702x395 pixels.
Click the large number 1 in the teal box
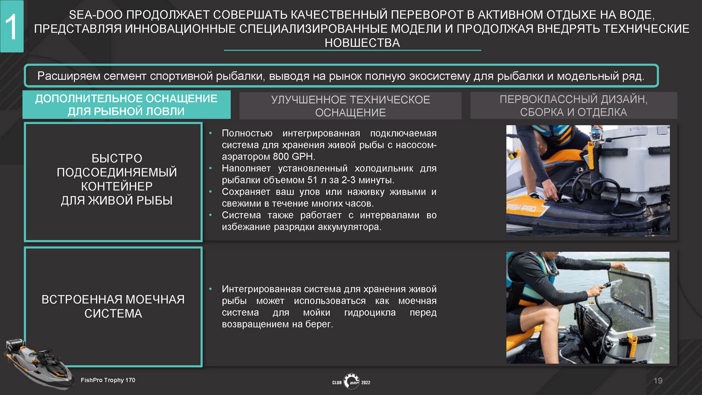click(x=11, y=27)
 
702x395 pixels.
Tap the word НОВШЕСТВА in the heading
click(x=362, y=43)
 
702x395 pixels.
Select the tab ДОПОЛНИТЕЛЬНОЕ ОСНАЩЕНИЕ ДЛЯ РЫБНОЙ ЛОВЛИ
click(x=126, y=105)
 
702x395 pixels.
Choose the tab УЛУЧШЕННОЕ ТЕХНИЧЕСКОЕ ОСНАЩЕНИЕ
click(x=350, y=106)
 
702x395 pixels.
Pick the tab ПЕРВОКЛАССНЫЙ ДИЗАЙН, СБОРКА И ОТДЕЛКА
click(x=574, y=105)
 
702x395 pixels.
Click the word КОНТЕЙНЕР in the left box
click(x=117, y=187)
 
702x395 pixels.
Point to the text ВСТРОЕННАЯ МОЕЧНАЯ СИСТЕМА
click(x=113, y=306)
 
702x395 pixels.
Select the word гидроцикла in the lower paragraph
click(x=370, y=312)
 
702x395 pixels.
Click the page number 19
click(x=658, y=381)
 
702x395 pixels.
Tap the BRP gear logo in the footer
click(x=351, y=381)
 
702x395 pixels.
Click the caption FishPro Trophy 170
click(x=108, y=380)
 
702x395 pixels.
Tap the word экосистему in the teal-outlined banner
click(x=440, y=76)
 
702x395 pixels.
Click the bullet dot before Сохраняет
click(x=210, y=191)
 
